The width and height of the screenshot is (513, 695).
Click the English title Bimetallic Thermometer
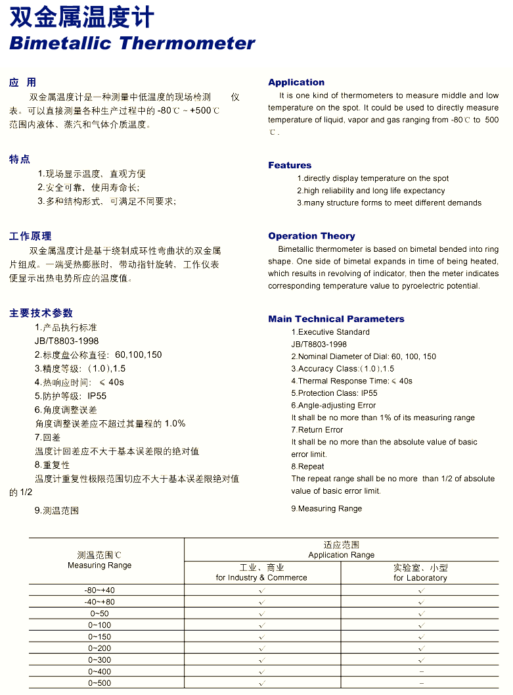(132, 43)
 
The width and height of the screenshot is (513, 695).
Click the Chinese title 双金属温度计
(82, 16)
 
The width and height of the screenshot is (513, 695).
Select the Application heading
(296, 82)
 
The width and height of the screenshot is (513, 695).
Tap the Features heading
(290, 165)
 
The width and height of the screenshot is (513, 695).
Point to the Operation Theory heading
(311, 236)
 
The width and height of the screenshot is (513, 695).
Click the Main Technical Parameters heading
(336, 319)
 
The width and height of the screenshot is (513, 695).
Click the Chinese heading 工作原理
(30, 236)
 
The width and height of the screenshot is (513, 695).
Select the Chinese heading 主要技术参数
(41, 313)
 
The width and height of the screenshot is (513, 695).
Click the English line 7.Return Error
(317, 430)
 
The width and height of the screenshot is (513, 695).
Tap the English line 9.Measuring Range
(326, 508)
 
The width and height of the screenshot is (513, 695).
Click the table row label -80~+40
(100, 590)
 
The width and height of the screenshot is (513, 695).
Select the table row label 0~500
(100, 683)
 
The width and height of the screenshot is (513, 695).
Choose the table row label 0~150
(100, 636)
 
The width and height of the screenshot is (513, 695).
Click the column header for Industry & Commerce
(261, 573)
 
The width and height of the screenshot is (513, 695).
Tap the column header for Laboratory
(420, 573)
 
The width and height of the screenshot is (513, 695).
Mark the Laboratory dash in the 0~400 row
(421, 671)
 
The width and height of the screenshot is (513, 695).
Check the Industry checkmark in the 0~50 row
(261, 613)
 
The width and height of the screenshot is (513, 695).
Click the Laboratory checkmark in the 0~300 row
(421, 660)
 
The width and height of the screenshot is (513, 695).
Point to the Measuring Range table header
(100, 560)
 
